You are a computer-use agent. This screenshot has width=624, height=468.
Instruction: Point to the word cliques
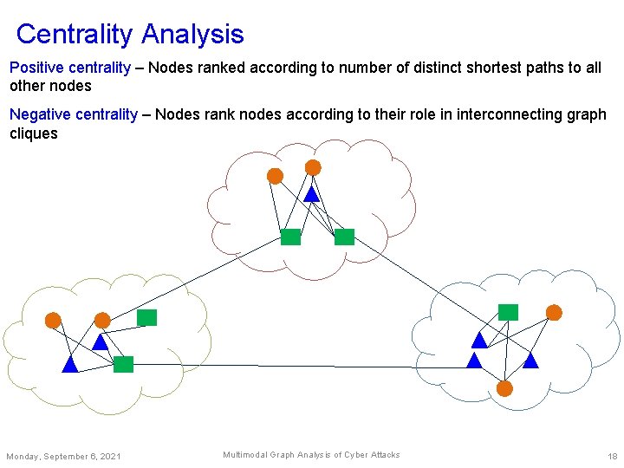point(34,133)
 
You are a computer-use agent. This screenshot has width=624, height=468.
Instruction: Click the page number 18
point(612,456)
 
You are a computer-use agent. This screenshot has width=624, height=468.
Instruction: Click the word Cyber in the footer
point(356,455)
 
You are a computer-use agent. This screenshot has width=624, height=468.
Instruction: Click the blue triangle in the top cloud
point(310,195)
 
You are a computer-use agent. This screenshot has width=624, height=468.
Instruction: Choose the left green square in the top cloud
point(290,237)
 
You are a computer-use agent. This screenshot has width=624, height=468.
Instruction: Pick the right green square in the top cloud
point(344,237)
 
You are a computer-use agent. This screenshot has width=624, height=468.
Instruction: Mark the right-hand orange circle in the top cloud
point(313,167)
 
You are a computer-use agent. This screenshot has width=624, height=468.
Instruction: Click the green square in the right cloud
point(508,312)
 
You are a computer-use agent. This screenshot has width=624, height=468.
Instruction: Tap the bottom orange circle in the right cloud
point(504,388)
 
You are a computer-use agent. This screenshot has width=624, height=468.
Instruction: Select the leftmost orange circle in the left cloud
point(53,320)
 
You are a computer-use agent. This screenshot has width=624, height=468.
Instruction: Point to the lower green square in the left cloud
point(124,364)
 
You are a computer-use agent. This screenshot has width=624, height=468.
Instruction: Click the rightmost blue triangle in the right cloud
point(530,360)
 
